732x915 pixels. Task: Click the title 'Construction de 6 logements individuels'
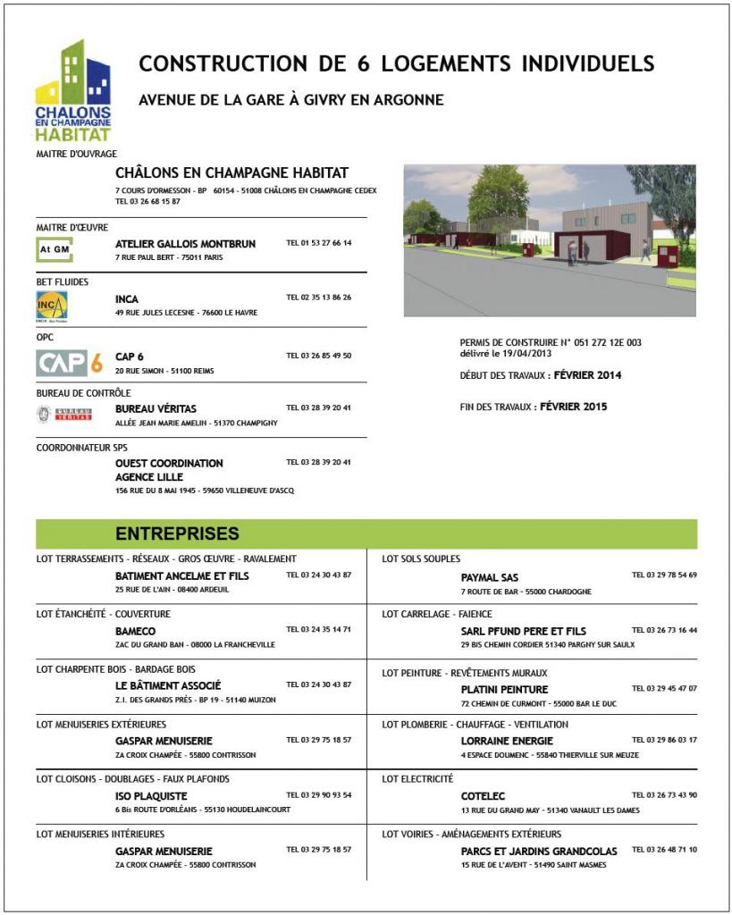click(x=397, y=64)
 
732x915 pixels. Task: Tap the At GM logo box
click(x=55, y=249)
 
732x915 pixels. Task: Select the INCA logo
click(x=52, y=306)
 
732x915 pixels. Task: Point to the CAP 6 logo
click(x=69, y=363)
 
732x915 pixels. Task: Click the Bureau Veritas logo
click(x=64, y=414)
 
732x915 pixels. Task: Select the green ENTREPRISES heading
click(x=177, y=534)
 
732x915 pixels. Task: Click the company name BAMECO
click(x=136, y=631)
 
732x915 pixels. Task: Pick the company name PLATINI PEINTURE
click(x=504, y=689)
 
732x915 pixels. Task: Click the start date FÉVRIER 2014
click(x=587, y=375)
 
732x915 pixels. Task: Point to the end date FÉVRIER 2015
click(x=574, y=407)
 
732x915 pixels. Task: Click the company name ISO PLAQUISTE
click(x=151, y=795)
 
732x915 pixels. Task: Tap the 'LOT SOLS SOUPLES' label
click(x=421, y=558)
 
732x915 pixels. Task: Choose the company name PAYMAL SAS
click(x=490, y=577)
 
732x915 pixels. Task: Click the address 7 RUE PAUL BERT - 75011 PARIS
click(x=169, y=257)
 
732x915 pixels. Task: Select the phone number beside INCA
click(x=318, y=298)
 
